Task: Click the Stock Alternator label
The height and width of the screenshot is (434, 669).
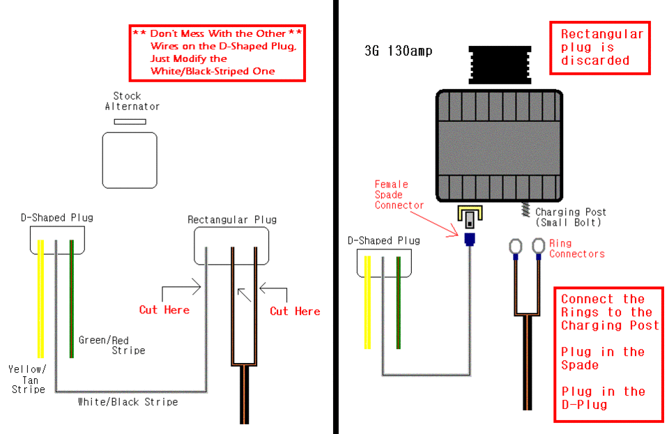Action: click(132, 102)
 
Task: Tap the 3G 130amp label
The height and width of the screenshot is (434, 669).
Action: click(399, 51)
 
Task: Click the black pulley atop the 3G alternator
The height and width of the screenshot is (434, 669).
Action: click(500, 65)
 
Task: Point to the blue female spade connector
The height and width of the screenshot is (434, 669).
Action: click(469, 239)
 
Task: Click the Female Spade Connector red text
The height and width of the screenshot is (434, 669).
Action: click(399, 195)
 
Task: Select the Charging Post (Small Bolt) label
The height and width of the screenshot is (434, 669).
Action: click(571, 217)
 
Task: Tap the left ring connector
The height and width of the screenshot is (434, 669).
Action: click(516, 247)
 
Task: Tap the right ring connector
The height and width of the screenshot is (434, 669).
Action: click(539, 246)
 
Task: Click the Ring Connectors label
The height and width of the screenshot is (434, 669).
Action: click(577, 249)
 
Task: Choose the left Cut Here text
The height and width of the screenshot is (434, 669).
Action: click(164, 310)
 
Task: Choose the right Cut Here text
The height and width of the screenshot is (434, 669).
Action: click(295, 311)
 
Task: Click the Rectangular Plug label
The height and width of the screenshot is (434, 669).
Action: click(232, 219)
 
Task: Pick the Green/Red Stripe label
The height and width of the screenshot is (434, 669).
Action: click(111, 346)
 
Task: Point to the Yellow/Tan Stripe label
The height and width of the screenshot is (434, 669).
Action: click(28, 379)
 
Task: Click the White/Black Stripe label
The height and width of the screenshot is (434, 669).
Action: click(128, 402)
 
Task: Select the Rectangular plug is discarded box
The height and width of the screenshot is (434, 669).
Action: click(600, 48)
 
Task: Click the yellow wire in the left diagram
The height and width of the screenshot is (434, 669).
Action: click(40, 298)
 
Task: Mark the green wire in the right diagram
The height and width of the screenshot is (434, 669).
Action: click(399, 303)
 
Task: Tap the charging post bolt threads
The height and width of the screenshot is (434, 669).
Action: click(526, 209)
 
